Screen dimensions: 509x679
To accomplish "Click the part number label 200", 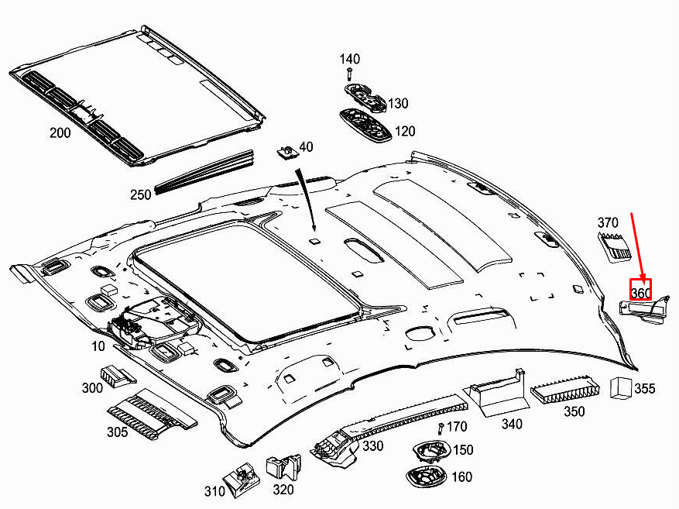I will pos(60,132).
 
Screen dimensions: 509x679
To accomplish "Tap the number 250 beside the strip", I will pos(140,194).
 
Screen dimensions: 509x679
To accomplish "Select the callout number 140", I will pos(350,59).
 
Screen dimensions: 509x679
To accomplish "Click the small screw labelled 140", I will pos(350,74).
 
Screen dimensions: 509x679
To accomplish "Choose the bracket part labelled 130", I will pos(365,97).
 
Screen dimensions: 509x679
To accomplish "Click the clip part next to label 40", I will pos(287,150).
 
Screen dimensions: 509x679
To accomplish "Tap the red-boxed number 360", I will pos(640,292).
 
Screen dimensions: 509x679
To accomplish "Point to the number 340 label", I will pos(512,424).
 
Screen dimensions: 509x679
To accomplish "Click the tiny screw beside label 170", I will pos(440,428).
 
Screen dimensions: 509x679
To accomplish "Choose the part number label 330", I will pos(373,446).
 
